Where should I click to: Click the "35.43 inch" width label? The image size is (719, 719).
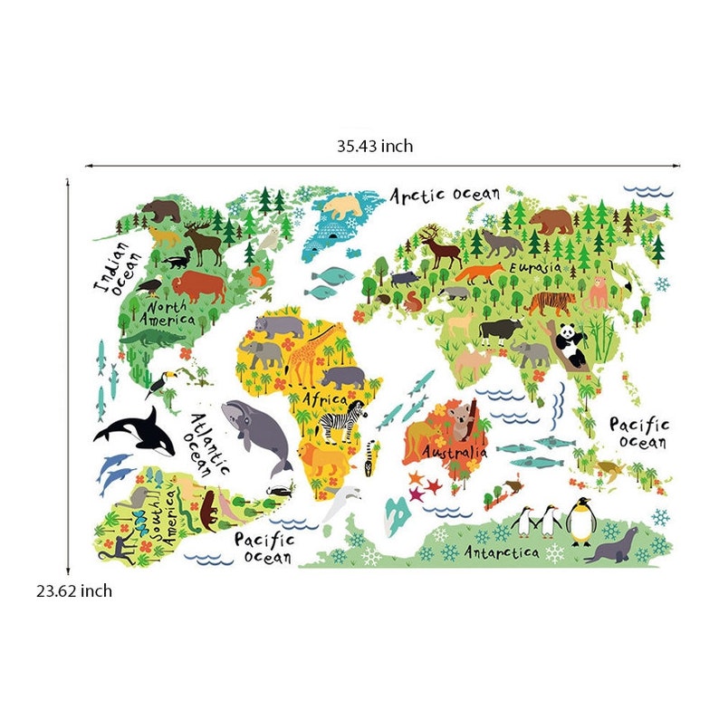click(375, 145)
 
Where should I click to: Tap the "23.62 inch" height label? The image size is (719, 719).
click(74, 591)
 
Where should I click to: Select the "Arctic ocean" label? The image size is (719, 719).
click(445, 195)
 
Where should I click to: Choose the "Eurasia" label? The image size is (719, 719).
click(539, 268)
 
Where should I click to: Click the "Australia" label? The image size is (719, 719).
click(455, 451)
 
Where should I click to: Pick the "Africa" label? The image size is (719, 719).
click(325, 398)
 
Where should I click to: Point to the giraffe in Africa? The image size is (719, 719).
click(304, 354)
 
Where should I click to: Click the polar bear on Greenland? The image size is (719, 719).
click(344, 206)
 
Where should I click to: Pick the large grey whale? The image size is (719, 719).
click(256, 432)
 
